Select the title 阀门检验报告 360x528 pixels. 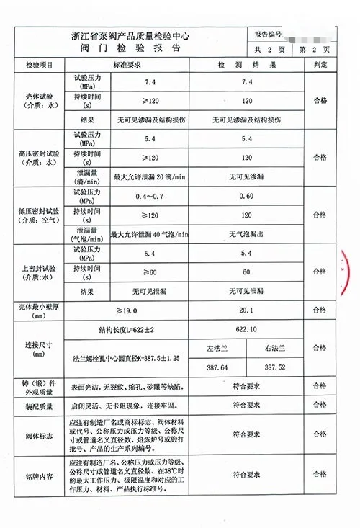[x=130, y=48]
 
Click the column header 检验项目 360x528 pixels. [x=40, y=65]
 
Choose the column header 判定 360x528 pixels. [x=320, y=65]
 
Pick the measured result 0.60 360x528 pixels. [x=247, y=196]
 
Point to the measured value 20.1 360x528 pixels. [x=247, y=310]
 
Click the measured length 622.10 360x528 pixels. [x=247, y=329]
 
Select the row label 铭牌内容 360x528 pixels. [x=40, y=475]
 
